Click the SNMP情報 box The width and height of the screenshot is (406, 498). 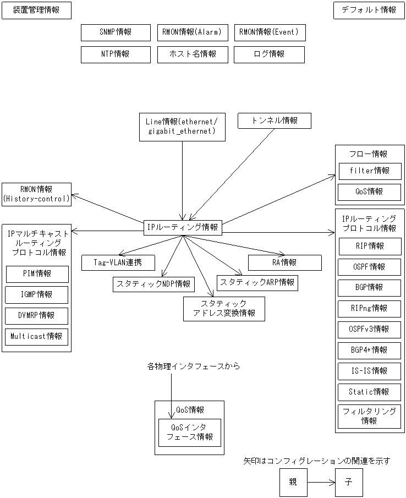coord(116,32)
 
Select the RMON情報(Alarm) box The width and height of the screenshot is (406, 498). coord(192,32)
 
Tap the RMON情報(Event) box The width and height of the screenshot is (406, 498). coord(269,32)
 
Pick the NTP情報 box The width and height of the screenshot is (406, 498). coord(116,54)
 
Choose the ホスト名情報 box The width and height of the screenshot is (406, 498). coord(192,54)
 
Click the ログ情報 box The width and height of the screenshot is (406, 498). coord(269,54)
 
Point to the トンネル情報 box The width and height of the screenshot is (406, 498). coord(275,121)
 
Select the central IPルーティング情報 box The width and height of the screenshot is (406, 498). coord(183,227)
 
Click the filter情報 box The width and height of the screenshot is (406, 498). coord(369,171)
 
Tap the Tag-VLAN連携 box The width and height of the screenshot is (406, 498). coord(118,262)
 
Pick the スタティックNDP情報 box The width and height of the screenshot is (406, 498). coord(153,284)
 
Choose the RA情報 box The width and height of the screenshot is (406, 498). coord(284,262)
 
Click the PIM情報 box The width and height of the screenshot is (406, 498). coord(37,274)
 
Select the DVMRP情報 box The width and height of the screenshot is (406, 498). coord(37,316)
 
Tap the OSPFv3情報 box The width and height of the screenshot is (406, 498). coord(369,329)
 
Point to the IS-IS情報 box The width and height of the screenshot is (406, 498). coord(369,371)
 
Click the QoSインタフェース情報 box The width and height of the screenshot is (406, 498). coord(189,433)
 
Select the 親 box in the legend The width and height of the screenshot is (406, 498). coord(293,482)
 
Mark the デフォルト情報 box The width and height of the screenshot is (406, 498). coord(369,10)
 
